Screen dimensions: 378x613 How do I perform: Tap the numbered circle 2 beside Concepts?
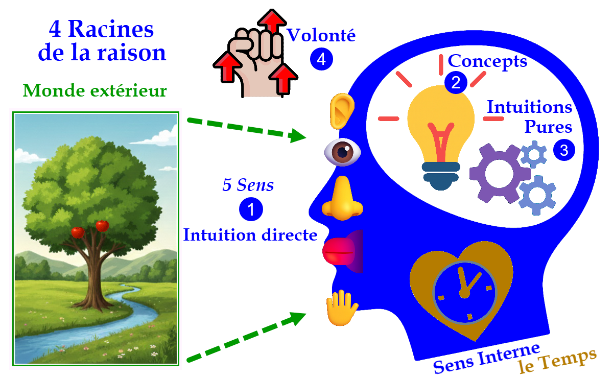[x=455, y=83]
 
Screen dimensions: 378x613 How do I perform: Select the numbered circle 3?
[x=564, y=150]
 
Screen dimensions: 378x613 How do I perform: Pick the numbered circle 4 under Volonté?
[x=321, y=59]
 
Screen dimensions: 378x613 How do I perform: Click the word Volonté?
[x=321, y=36]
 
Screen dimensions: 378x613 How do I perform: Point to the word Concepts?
[x=487, y=61]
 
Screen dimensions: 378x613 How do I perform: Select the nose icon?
[x=342, y=199]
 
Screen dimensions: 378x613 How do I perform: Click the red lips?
[x=340, y=250]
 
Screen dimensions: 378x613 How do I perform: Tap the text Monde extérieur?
[x=95, y=91]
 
